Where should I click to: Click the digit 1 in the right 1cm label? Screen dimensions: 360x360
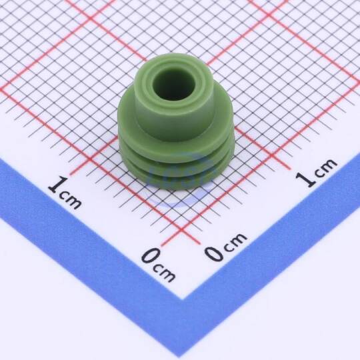click(x=305, y=179)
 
